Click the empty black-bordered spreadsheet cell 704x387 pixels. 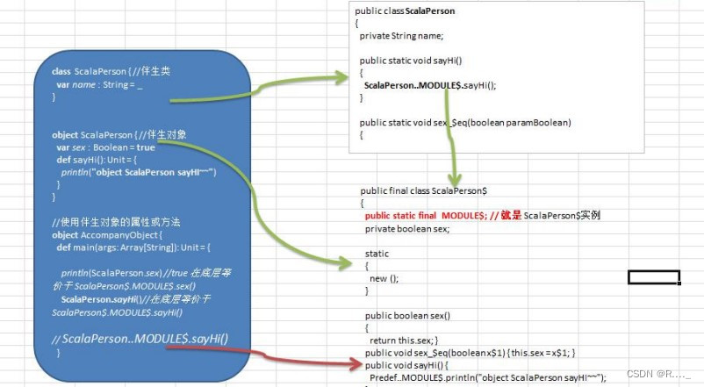pos(654,277)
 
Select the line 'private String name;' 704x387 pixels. pos(401,35)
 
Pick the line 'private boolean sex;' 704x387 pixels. pos(407,228)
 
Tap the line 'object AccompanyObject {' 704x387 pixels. pos(107,235)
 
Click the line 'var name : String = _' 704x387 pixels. pos(99,84)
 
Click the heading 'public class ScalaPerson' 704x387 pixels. pos(405,11)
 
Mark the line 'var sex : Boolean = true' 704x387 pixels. pos(99,147)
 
